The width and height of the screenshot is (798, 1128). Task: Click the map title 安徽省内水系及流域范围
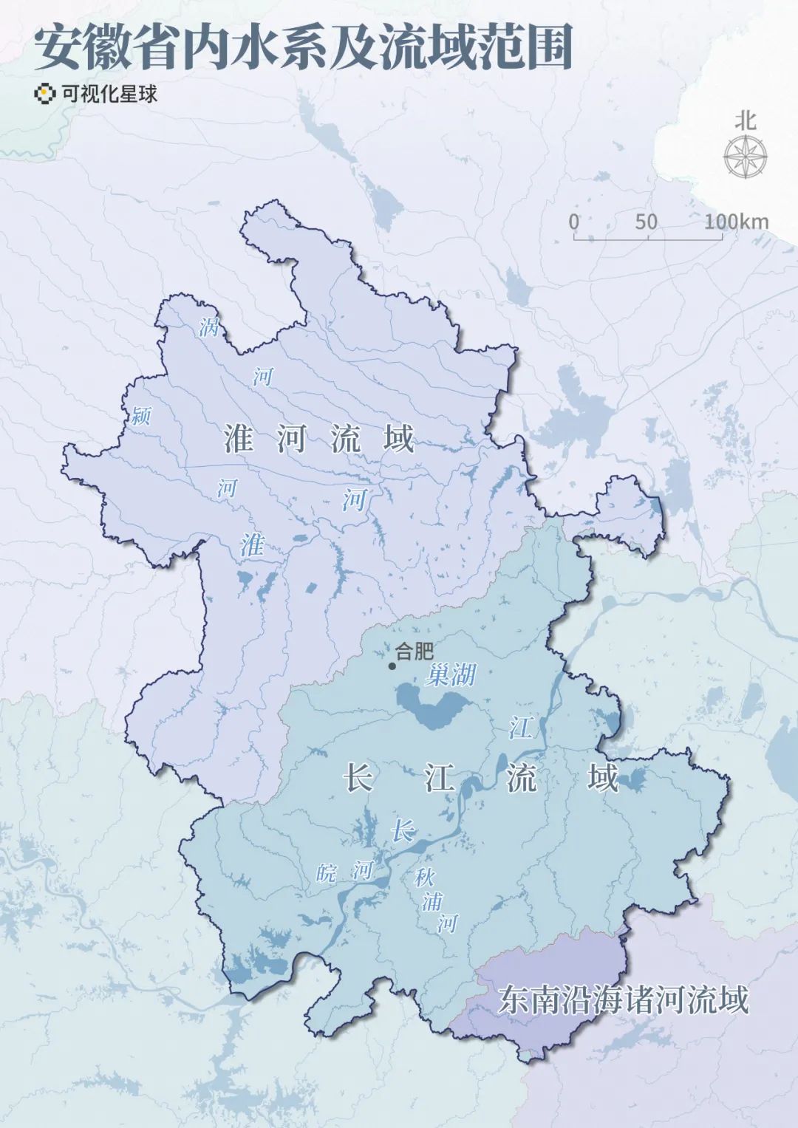coord(303,49)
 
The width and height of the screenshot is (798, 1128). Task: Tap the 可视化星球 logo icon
coord(46,95)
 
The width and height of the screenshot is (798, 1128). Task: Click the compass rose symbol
coord(745,157)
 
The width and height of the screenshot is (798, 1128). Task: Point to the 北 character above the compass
coord(745,120)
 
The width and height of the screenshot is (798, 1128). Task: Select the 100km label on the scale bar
coord(736,222)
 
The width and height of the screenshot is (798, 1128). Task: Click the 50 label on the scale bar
coord(646,222)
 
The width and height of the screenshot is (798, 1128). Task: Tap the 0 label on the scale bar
coord(574,222)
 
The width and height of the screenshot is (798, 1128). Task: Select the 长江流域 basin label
coord(480,779)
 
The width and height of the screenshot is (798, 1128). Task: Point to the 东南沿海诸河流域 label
coord(623,999)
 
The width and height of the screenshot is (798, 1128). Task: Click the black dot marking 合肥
coord(392,666)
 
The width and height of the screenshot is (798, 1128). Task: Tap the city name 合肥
coord(415,651)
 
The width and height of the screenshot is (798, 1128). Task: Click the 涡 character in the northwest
coord(209,327)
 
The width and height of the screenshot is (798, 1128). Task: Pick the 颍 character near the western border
coord(140,416)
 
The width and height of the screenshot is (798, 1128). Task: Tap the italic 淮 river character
coord(252,546)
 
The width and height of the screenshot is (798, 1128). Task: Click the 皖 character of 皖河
coord(325,874)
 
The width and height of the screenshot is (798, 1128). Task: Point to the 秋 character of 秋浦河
coord(424,878)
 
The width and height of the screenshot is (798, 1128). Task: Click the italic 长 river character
coord(402,831)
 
